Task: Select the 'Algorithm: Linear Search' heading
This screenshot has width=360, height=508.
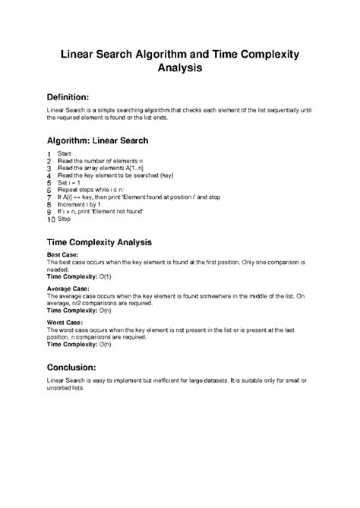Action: coord(97,140)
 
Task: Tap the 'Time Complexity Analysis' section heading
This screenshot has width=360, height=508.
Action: coord(99,241)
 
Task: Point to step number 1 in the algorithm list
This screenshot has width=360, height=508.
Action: coord(49,154)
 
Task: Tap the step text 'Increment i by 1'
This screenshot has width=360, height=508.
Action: coord(81,204)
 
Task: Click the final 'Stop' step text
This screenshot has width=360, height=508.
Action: coord(64,219)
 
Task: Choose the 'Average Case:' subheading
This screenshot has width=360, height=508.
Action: coord(69,289)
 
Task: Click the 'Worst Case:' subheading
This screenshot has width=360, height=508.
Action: coord(65,323)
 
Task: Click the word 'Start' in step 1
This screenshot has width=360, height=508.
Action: coord(65,154)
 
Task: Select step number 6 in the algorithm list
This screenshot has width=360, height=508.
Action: coord(49,190)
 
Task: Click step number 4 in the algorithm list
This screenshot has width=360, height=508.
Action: coord(49,175)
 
